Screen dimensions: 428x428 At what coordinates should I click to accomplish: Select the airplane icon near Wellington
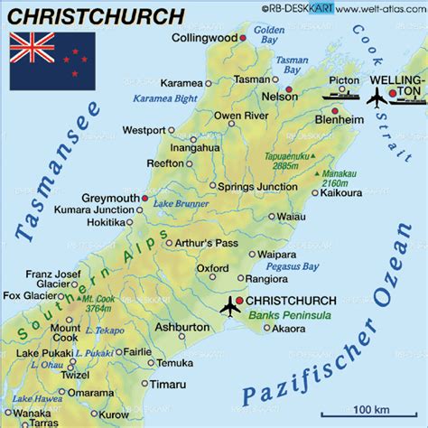376,98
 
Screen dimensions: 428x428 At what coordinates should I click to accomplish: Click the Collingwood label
203,38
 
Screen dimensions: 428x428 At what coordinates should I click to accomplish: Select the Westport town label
144,129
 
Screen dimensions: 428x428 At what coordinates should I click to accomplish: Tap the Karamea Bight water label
165,98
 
